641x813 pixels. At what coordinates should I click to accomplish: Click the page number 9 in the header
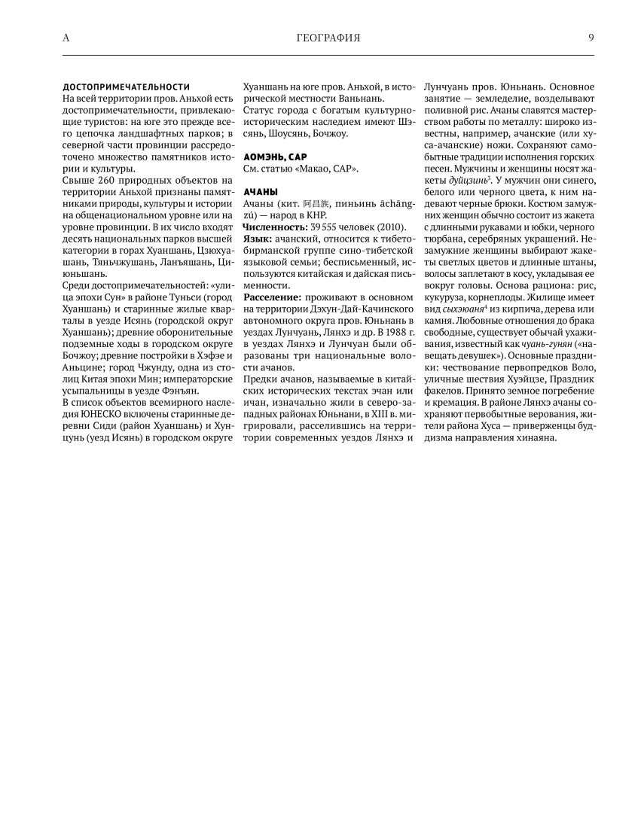point(591,38)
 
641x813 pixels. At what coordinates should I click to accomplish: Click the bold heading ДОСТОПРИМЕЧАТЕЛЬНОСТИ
point(126,87)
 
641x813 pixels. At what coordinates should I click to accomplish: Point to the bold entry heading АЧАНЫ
point(261,192)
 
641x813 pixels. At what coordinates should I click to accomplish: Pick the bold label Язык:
point(258,239)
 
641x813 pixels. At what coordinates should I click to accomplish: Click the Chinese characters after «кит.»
point(315,204)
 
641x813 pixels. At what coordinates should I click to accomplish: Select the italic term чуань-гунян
point(548,344)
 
